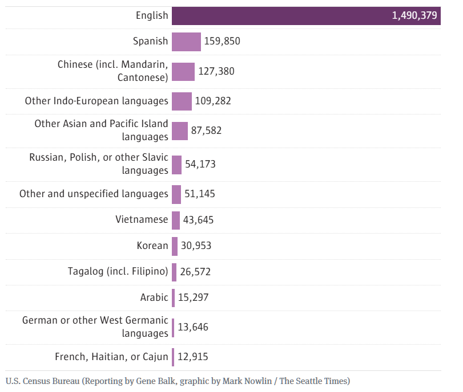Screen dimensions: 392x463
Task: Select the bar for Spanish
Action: pos(186,42)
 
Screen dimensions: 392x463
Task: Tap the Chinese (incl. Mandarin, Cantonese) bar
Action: pos(183,71)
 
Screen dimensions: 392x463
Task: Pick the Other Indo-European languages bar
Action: pos(182,101)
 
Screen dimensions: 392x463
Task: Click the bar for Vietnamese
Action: pos(175,220)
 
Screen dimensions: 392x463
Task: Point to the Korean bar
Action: pos(174,246)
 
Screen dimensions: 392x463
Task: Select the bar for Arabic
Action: pos(173,297)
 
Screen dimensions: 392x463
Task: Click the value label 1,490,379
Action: pos(414,16)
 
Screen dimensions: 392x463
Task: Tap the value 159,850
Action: pos(223,42)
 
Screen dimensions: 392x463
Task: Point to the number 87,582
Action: pos(206,130)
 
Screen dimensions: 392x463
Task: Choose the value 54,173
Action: pos(200,164)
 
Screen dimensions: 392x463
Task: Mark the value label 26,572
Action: pos(195,272)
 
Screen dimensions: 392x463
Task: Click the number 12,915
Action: pos(192,357)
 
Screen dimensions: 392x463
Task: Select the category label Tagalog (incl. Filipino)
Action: pos(118,271)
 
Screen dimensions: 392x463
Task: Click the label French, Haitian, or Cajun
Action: pos(111,357)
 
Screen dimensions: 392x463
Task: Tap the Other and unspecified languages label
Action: pos(94,194)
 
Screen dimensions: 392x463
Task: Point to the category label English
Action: pos(152,15)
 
